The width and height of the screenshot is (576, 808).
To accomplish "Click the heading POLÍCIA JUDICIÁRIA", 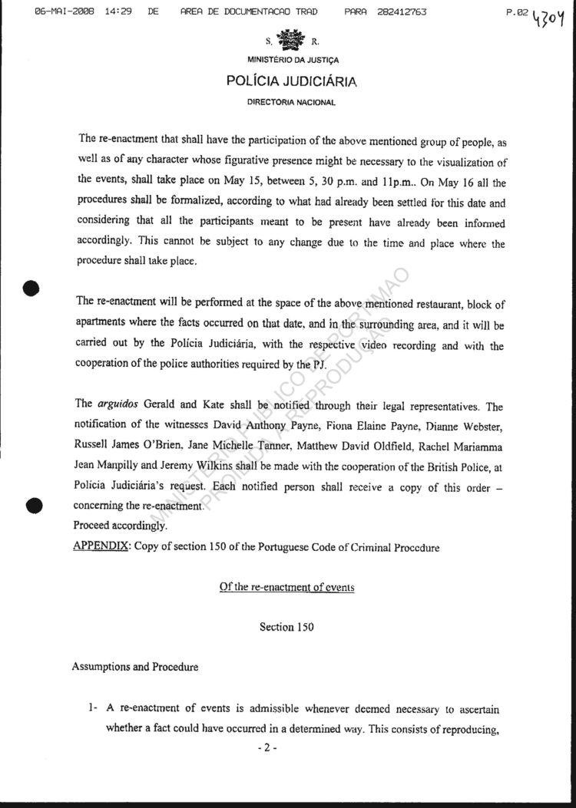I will pyautogui.click(x=292, y=81).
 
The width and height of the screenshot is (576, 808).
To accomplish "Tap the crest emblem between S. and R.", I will pyautogui.click(x=291, y=41).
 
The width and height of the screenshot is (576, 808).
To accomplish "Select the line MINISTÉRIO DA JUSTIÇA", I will pyautogui.click(x=293, y=60).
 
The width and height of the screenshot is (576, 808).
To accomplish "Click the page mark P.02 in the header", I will pyautogui.click(x=519, y=12).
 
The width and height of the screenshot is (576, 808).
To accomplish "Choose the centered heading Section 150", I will pyautogui.click(x=286, y=627).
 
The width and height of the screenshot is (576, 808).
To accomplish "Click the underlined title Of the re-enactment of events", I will pyautogui.click(x=286, y=587).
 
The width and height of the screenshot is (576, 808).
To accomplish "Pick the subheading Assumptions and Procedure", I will pyautogui.click(x=134, y=667).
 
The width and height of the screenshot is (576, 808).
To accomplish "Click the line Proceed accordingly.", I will pyautogui.click(x=119, y=526).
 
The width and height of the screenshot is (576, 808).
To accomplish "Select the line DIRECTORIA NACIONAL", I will pyautogui.click(x=291, y=102).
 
